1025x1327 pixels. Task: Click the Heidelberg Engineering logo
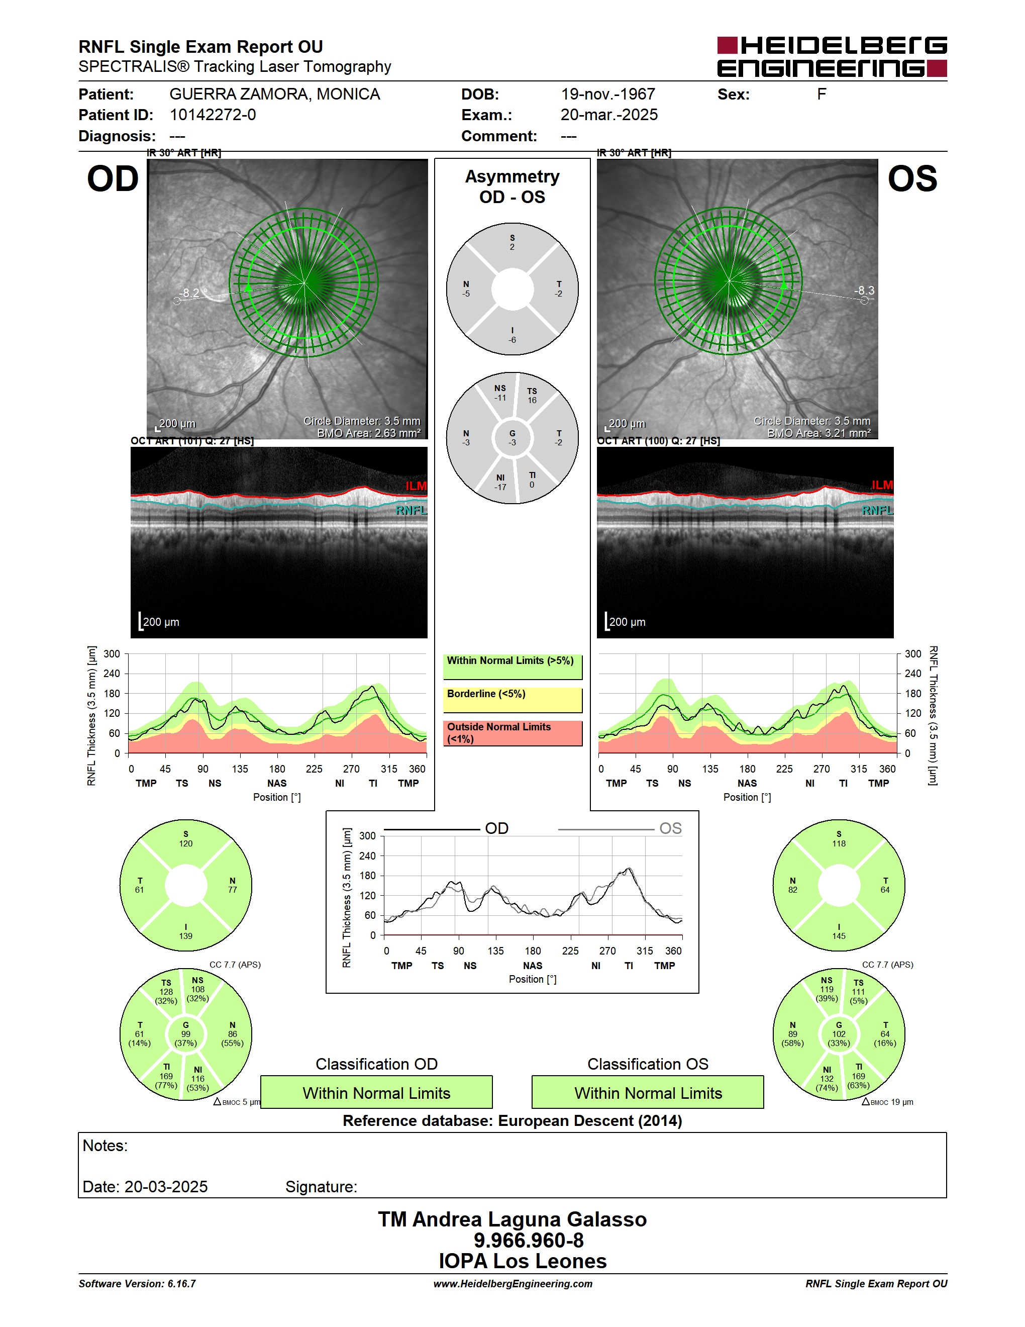point(832,56)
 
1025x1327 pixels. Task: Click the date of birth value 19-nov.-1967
point(608,94)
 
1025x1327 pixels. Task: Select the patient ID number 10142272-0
point(213,115)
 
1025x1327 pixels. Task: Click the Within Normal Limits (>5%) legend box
point(512,667)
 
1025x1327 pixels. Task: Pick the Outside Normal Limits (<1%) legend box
point(512,733)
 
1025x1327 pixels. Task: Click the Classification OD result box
point(376,1092)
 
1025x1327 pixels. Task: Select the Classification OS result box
point(648,1092)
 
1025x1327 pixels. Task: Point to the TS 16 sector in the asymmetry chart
point(532,396)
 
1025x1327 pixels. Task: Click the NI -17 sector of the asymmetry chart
point(500,483)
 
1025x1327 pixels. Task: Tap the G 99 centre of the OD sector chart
point(186,1033)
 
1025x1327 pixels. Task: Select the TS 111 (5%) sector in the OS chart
point(858,992)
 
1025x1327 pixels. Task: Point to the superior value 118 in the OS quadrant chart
point(839,843)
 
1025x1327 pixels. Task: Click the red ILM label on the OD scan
point(416,486)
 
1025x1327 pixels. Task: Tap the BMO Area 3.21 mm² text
point(818,433)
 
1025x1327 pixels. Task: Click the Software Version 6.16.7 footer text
point(137,1283)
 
